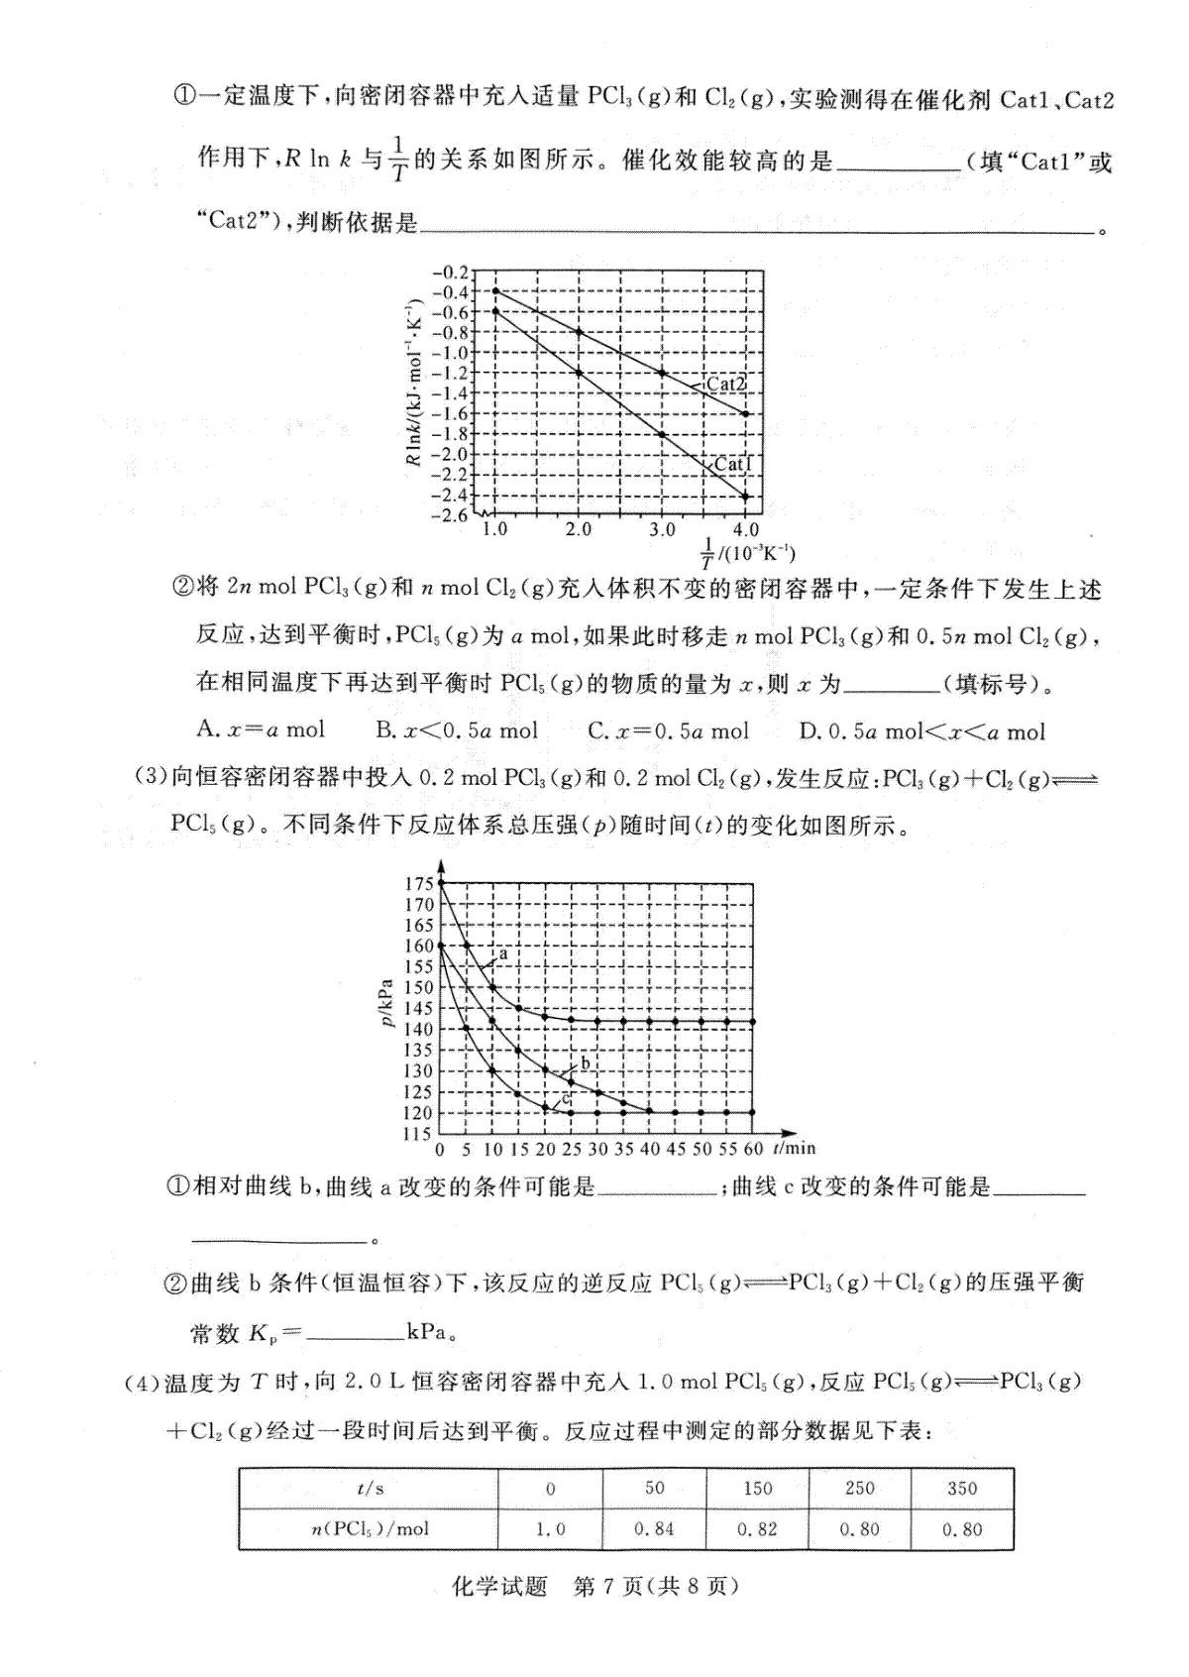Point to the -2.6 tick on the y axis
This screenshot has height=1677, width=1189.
pos(451,515)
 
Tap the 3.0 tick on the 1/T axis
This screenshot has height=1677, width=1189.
pos(662,530)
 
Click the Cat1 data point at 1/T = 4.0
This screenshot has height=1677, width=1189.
pos(746,497)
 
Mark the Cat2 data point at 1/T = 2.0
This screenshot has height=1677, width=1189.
pos(579,331)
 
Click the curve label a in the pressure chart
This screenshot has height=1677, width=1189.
pos(502,953)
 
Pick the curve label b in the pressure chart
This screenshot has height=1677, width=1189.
pos(585,1063)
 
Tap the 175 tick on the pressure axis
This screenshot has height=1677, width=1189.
pos(418,884)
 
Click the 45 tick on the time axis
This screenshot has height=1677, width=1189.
pos(675,1149)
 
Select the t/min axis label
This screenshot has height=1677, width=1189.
pos(794,1148)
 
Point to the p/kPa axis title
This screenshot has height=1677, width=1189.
pos(387,1002)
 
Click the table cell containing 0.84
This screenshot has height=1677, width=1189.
pos(654,1529)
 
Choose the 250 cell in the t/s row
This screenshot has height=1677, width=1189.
pos(859,1488)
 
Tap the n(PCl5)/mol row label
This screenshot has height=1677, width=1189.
pos(369,1529)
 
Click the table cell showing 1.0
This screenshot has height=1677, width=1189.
pos(550,1529)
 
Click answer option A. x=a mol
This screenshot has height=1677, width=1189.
pos(261,730)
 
